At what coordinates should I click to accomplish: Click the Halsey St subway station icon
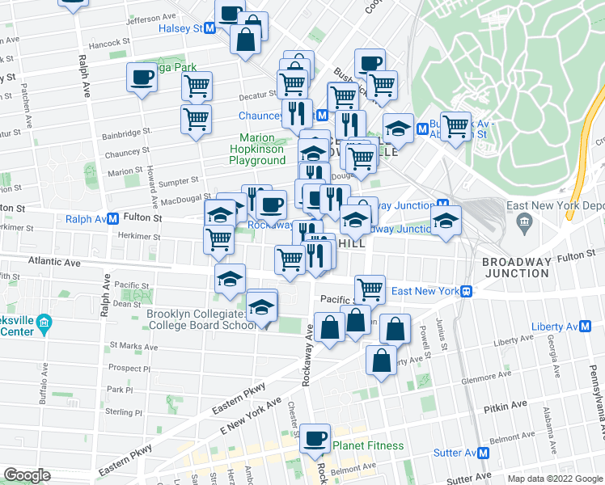[210, 27]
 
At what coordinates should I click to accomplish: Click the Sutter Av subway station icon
[484, 453]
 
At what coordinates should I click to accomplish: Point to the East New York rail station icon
[467, 291]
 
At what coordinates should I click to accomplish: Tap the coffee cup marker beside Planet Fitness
[315, 438]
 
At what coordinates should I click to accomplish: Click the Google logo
[27, 475]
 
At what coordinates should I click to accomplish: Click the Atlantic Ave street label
[55, 262]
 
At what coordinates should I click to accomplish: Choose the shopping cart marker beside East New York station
[370, 287]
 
